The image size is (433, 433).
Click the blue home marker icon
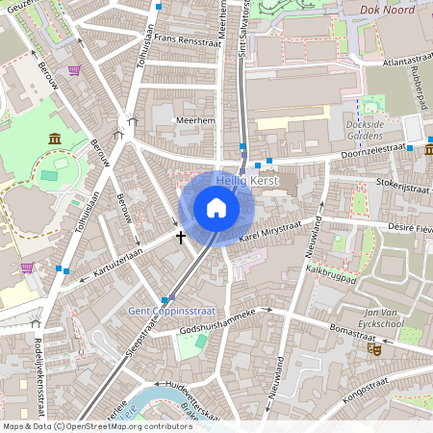216,208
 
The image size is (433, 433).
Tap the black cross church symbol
180,236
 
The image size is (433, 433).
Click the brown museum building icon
55,140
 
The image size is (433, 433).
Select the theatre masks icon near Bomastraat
374,349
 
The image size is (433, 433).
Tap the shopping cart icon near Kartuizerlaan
28,267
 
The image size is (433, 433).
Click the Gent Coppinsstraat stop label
168,311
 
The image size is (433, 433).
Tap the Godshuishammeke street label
217,320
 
